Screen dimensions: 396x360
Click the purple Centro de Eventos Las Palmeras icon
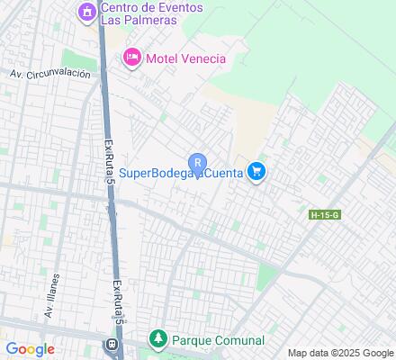click(x=86, y=13)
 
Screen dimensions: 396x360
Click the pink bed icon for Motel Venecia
click(x=131, y=58)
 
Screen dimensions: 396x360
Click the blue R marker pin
click(x=198, y=162)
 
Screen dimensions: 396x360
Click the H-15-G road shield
click(x=323, y=214)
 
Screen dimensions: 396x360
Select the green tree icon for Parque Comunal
click(x=158, y=340)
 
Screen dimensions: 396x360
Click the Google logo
click(x=30, y=349)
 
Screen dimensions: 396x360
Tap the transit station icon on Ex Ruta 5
click(x=112, y=345)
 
